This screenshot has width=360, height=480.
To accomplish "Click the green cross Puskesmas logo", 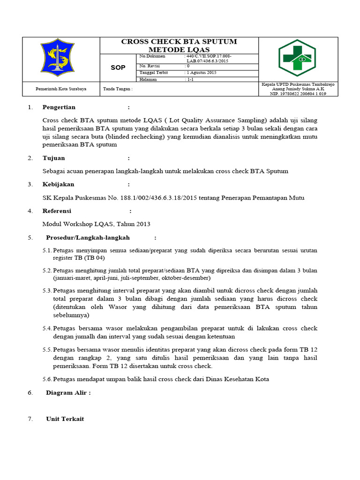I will [297, 58].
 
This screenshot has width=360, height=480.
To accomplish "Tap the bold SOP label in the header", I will [118, 67].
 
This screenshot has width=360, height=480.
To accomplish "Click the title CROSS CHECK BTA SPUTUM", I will [179, 42].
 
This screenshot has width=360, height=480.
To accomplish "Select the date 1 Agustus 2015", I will [202, 73].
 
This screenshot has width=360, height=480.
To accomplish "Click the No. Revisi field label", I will [150, 66].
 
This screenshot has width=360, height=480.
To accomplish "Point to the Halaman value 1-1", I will [190, 80].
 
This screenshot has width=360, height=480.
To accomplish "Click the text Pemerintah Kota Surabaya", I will [58, 88].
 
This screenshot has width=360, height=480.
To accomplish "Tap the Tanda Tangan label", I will [118, 88].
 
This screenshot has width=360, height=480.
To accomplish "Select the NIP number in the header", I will [298, 93].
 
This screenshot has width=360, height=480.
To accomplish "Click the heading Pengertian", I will [59, 107].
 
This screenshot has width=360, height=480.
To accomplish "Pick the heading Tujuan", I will [54, 158].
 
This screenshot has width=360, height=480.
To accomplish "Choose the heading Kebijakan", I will [58, 184].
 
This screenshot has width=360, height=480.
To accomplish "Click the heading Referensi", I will [57, 211].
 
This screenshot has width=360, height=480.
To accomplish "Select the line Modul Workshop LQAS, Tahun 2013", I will [96, 224].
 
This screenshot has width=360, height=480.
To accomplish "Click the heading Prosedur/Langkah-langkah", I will [88, 238].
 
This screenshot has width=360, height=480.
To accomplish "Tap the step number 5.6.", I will [47, 379].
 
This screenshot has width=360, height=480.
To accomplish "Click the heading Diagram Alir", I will [68, 393].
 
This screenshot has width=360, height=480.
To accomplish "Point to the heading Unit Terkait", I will [65, 419].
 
